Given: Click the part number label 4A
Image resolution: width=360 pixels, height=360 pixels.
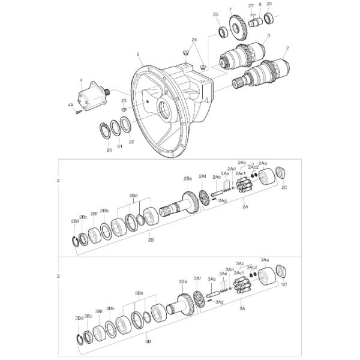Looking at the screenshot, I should point(70,105).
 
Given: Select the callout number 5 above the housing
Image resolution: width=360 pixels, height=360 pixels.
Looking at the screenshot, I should point(138,54).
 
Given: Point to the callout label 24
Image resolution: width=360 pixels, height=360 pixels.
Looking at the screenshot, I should point(194,40).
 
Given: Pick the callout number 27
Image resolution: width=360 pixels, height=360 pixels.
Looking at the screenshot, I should point(251,5).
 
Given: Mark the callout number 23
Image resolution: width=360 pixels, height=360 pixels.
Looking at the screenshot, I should point(124,101).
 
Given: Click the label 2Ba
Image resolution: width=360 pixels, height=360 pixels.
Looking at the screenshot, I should point(187,178).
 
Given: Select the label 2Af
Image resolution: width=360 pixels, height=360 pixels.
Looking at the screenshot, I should point(202,176).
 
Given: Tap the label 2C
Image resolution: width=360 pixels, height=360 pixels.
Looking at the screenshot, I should point(284,187).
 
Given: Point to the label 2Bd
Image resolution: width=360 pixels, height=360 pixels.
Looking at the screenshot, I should point(75,221).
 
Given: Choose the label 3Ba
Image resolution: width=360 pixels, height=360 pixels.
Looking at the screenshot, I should point(183,281).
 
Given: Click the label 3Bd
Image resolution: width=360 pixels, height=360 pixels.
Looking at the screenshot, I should point(79,317).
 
